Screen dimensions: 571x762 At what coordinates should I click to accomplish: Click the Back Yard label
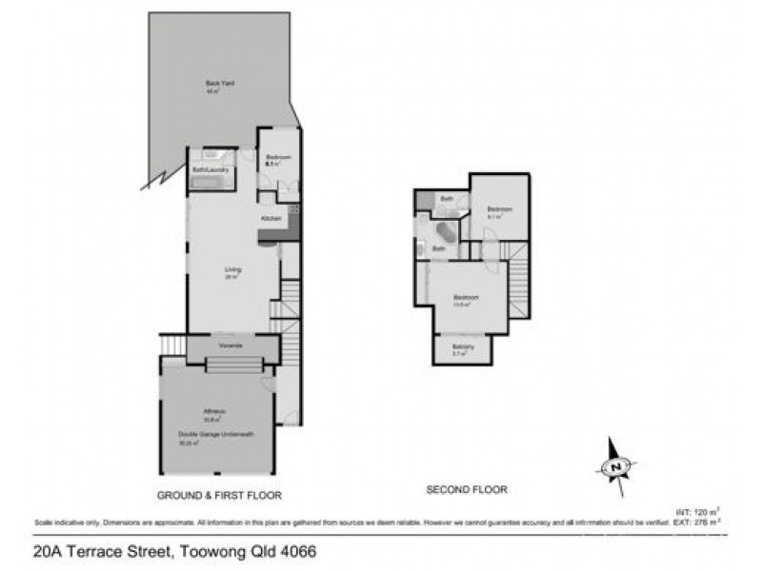220,84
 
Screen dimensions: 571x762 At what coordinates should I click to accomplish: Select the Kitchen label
270,220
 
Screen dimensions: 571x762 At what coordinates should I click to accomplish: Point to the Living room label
231,270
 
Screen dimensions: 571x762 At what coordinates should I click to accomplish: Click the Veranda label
230,345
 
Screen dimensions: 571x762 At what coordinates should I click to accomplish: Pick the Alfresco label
213,412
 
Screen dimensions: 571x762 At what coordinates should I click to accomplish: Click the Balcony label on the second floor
463,346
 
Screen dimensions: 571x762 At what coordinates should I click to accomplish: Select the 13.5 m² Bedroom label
467,298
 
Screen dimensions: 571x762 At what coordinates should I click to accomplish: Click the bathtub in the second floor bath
446,233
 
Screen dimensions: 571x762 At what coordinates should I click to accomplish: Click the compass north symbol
617,466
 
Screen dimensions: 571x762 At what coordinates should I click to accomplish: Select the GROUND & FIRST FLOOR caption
219,496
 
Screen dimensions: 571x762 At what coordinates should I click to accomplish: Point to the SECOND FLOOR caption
466,489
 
